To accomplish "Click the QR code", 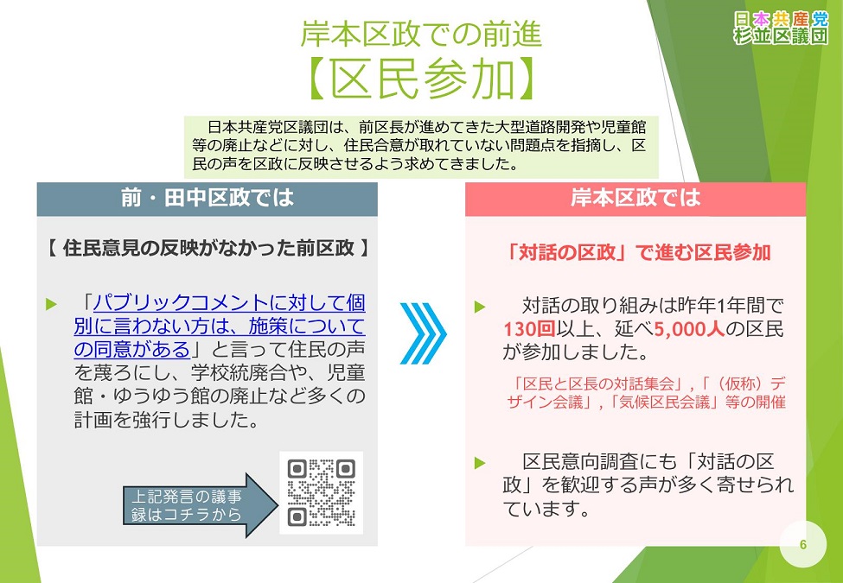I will (x=321, y=493).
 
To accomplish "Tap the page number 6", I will (x=803, y=543).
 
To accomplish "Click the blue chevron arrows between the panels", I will (x=423, y=333).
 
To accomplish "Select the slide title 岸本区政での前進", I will (x=421, y=34).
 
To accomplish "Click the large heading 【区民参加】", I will (x=421, y=79).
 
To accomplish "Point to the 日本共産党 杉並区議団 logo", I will (x=780, y=28).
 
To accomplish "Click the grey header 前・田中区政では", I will (x=208, y=199).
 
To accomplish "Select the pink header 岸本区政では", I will (x=635, y=199).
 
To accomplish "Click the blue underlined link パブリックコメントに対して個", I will (x=229, y=303).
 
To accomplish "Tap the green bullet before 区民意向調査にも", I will (x=481, y=462).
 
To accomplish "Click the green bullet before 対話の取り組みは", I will (x=481, y=306).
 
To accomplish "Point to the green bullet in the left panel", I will (x=51, y=304).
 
